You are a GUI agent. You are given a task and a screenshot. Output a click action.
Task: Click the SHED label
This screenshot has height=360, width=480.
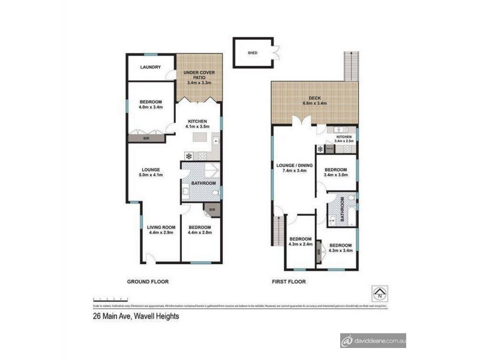pos(252,52)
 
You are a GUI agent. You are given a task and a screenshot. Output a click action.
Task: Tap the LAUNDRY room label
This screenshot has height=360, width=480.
pos(151,67)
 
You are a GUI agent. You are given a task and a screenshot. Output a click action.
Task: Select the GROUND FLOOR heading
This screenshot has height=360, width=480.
pos(147,281)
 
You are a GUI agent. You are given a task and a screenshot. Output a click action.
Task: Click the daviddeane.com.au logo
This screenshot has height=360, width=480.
pos(373,340)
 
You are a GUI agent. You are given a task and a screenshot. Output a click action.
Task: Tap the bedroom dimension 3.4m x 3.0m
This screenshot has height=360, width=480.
pos(336,175)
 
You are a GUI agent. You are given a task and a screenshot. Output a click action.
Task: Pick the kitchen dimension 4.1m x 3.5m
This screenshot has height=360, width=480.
pos(197,127)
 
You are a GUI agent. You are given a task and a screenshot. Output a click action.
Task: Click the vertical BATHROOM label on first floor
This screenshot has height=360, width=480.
pos(343,210)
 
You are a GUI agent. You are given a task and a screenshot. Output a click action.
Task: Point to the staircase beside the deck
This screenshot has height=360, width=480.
pos(350,66)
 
